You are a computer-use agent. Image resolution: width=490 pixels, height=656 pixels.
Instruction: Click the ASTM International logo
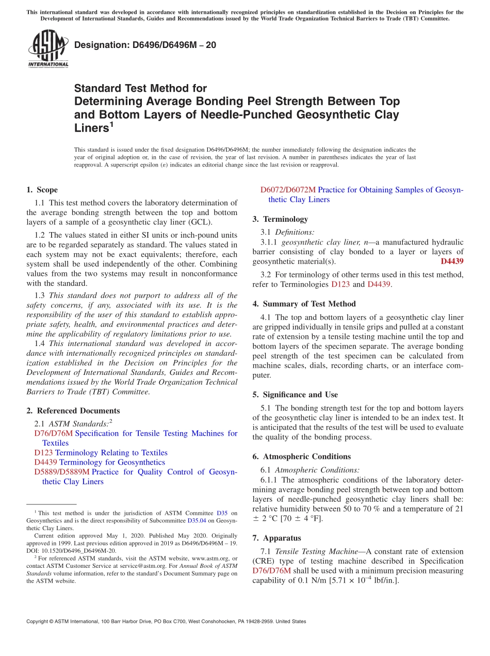pyautogui.click(x=48, y=50)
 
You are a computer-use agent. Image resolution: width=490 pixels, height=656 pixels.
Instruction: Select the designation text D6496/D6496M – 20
pyautogui.click(x=145, y=45)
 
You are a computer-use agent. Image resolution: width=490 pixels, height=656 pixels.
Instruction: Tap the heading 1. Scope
pyautogui.click(x=42, y=190)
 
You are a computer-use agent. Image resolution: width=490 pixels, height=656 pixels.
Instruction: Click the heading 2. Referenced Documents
pyautogui.click(x=73, y=411)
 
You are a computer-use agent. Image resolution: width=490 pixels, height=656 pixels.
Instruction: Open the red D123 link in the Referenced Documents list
pyautogui.click(x=43, y=453)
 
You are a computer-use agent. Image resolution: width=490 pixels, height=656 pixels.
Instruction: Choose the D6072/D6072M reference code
pyautogui.click(x=288, y=190)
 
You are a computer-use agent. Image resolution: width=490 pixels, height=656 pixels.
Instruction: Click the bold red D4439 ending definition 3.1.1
pyautogui.click(x=452, y=261)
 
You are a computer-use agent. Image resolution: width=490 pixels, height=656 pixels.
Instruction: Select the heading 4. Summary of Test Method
pyautogui.click(x=304, y=304)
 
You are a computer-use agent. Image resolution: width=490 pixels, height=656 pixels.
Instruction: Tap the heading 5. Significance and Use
pyautogui.click(x=295, y=395)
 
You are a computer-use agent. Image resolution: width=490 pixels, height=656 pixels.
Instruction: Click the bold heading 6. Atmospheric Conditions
pyautogui.click(x=301, y=456)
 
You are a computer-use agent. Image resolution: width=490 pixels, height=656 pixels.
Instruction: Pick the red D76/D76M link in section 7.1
pyautogui.click(x=272, y=571)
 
